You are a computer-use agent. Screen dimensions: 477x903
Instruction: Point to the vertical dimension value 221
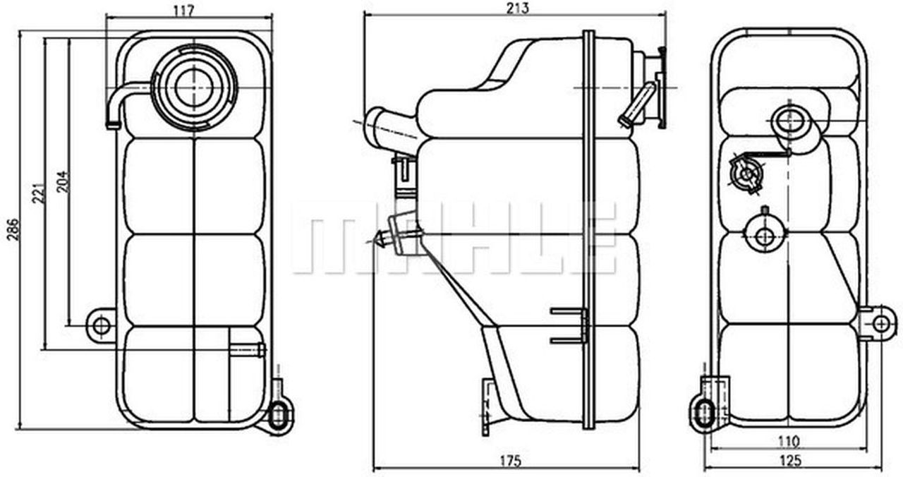pos(40,191)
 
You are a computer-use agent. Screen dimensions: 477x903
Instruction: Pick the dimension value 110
pos(789,442)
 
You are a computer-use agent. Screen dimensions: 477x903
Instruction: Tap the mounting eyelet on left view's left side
pos(102,326)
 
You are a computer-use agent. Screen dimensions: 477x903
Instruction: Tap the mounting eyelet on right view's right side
pos(880,323)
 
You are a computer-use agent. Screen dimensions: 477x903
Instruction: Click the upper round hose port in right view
pos(787,121)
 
